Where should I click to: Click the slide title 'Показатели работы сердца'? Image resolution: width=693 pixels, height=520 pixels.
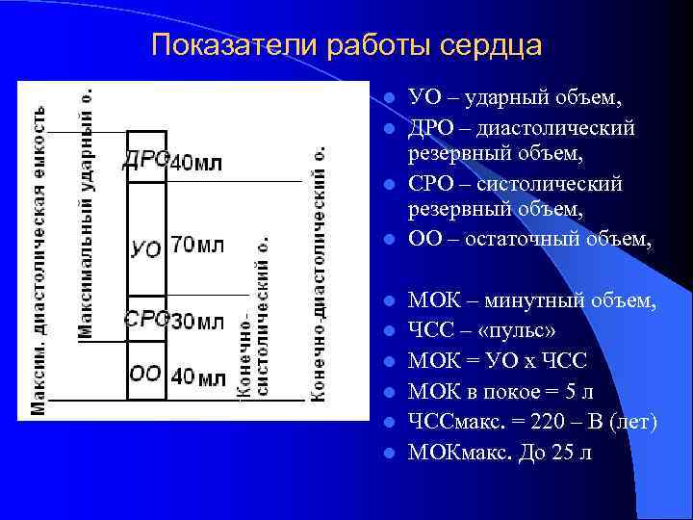(x=346, y=45)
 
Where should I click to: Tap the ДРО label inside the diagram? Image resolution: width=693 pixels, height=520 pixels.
(x=146, y=160)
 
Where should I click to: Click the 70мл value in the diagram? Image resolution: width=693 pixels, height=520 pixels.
(x=197, y=245)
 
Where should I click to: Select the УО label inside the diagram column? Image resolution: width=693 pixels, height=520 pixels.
(x=145, y=247)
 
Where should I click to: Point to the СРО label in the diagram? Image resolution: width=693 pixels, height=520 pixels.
(x=146, y=319)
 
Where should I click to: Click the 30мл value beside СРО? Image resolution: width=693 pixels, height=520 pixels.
(x=197, y=320)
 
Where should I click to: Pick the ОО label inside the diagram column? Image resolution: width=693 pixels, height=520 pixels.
(x=145, y=374)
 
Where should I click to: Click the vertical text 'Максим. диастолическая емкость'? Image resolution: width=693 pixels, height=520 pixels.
(x=38, y=260)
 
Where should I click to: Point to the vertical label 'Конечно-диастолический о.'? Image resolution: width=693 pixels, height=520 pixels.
(x=319, y=274)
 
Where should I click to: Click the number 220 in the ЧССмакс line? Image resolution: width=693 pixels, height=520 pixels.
(x=569, y=422)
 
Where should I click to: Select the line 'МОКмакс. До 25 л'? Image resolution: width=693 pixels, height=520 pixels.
(x=500, y=452)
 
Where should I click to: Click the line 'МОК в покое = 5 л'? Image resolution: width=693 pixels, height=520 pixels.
(x=501, y=392)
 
